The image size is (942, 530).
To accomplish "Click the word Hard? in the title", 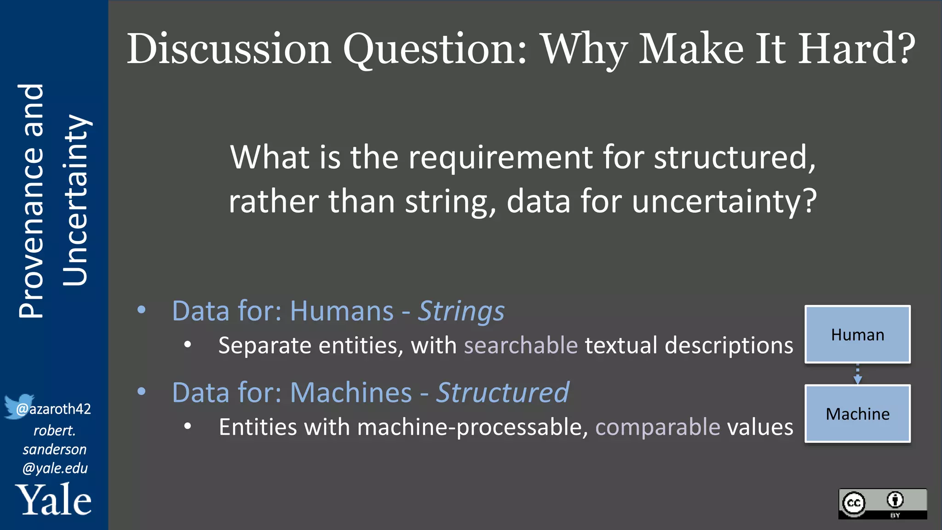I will pos(856,49).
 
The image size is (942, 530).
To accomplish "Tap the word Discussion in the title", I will pos(229,49).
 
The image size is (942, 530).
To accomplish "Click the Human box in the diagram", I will pos(857,334).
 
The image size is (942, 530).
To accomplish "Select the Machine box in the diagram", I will pos(857,414).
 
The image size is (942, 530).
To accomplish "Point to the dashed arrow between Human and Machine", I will pos(857,374).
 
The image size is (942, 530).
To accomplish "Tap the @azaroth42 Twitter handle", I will pos(54,409).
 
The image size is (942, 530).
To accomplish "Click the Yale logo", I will pos(54,500).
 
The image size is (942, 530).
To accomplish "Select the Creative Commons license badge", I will pos(882,504).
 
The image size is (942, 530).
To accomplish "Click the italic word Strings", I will pos(461,311).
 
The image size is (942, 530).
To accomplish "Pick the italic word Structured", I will pos(502,393).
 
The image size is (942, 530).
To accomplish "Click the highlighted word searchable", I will pos(521,346).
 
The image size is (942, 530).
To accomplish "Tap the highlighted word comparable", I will pos(658,427).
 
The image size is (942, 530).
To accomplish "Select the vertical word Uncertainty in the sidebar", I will pos(75,201).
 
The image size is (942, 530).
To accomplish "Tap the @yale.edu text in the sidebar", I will pos(55,468).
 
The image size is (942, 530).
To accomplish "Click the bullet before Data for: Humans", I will pos(142,310).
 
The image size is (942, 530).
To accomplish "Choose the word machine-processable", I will pos(472,427).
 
